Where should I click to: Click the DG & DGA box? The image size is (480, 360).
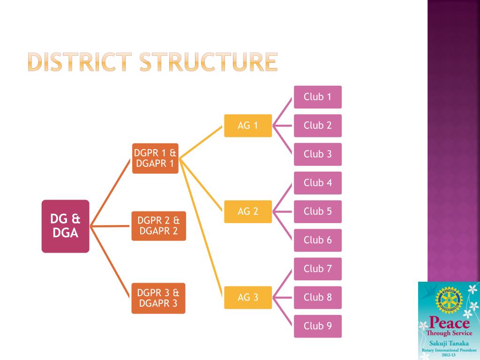[65, 226]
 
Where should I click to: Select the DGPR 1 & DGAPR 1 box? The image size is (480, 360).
[155, 158]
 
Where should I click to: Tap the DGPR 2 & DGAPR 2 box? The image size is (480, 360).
[158, 225]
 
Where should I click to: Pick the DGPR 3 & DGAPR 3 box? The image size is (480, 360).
[158, 298]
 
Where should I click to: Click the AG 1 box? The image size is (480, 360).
[247, 126]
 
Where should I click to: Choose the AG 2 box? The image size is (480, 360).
[247, 211]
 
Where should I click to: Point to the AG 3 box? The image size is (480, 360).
[247, 297]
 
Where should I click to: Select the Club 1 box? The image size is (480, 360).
[317, 97]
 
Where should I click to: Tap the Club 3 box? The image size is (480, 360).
[317, 154]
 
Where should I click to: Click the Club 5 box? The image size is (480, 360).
[317, 211]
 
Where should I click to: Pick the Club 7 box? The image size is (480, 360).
[317, 269]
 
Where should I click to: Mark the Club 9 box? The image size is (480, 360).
[317, 326]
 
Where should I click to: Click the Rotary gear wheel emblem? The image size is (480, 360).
[449, 300]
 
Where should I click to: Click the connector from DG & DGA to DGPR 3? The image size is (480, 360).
[111, 262]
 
